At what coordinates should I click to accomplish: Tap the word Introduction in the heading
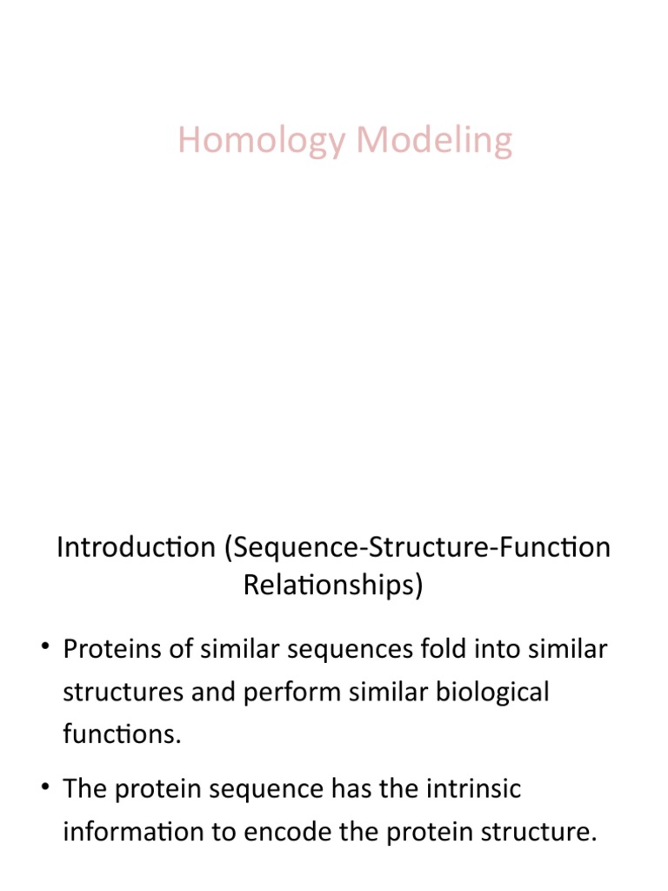point(136,548)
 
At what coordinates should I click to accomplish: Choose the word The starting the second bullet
point(85,789)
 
